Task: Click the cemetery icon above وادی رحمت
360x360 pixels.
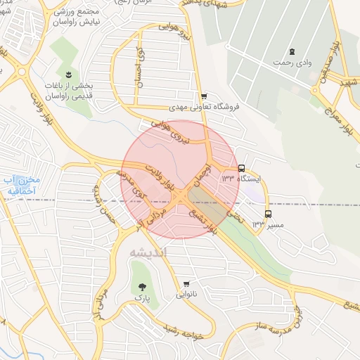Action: click(292, 52)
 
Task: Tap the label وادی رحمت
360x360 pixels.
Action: click(291, 63)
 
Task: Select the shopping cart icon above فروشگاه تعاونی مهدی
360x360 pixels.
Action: click(204, 96)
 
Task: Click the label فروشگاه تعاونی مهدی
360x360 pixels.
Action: click(205, 108)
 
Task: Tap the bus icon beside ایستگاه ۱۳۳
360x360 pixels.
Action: click(242, 169)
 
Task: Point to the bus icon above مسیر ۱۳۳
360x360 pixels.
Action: click(267, 214)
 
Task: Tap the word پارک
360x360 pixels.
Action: click(143, 298)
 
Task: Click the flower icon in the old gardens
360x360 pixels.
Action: click(68, 74)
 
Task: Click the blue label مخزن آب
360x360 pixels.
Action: click(20, 184)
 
